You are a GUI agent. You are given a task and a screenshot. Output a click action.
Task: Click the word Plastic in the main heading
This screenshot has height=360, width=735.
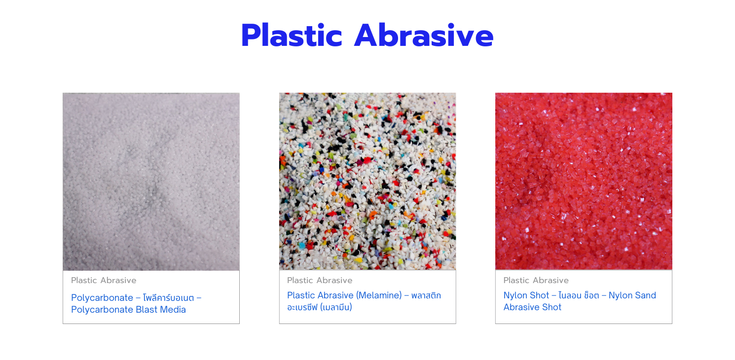(291, 36)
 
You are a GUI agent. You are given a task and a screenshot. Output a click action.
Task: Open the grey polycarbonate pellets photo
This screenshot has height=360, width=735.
(151, 181)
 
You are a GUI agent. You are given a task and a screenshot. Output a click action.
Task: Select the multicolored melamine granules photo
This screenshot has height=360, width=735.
(367, 181)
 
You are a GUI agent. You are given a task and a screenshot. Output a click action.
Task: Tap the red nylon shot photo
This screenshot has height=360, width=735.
(584, 181)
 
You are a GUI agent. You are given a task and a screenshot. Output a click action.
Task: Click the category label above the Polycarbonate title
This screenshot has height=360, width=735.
(104, 280)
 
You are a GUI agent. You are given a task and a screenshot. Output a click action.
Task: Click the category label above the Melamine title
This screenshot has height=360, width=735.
(320, 280)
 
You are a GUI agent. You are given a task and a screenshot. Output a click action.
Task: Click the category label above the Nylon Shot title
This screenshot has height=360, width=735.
(536, 280)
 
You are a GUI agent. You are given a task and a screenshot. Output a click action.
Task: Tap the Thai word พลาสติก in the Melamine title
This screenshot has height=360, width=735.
(426, 295)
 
